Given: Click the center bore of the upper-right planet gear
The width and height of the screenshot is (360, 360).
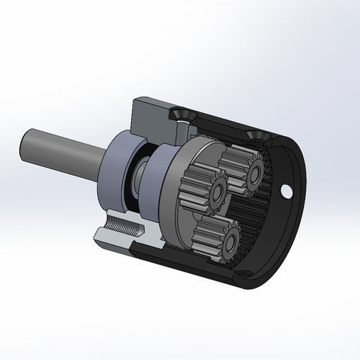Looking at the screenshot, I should pyautogui.click(x=253, y=174).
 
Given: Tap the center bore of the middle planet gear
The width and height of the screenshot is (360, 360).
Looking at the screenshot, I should pyautogui.click(x=217, y=191).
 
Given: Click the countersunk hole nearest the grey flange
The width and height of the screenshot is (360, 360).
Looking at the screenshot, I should pyautogui.click(x=179, y=115).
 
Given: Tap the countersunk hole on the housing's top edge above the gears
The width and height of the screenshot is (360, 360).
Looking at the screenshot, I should pyautogui.click(x=255, y=135).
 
